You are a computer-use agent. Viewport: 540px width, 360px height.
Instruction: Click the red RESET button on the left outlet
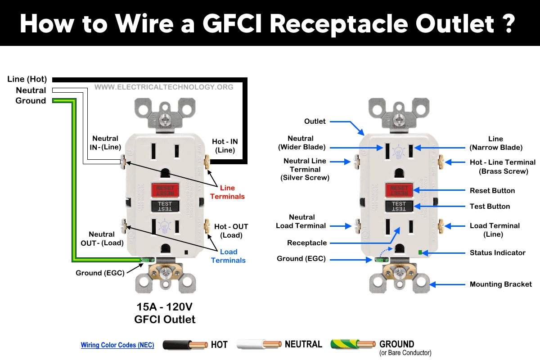point(165,190)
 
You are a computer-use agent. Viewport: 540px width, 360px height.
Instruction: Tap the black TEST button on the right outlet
point(399,206)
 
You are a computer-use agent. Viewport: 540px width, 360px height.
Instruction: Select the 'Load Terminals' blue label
point(228,256)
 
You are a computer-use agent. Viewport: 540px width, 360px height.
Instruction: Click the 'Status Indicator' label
point(497,253)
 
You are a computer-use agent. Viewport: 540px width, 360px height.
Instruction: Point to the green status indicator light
point(420,252)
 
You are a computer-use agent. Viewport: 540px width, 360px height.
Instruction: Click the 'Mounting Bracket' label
point(500,284)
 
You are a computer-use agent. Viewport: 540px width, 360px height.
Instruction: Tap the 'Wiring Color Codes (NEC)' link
point(117,345)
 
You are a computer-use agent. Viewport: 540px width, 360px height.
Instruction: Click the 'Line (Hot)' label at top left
point(27,79)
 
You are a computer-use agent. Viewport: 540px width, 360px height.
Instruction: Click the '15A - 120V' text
point(165,307)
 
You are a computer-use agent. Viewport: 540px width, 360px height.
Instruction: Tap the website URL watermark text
point(164,87)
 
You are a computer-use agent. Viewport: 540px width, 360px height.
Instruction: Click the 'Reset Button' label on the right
point(492,191)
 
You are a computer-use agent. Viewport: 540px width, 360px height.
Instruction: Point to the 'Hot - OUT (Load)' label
point(231,231)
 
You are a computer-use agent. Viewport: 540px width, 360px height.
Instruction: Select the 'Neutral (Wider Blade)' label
point(301,143)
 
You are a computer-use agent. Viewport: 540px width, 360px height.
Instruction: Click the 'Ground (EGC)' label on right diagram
point(301,259)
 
